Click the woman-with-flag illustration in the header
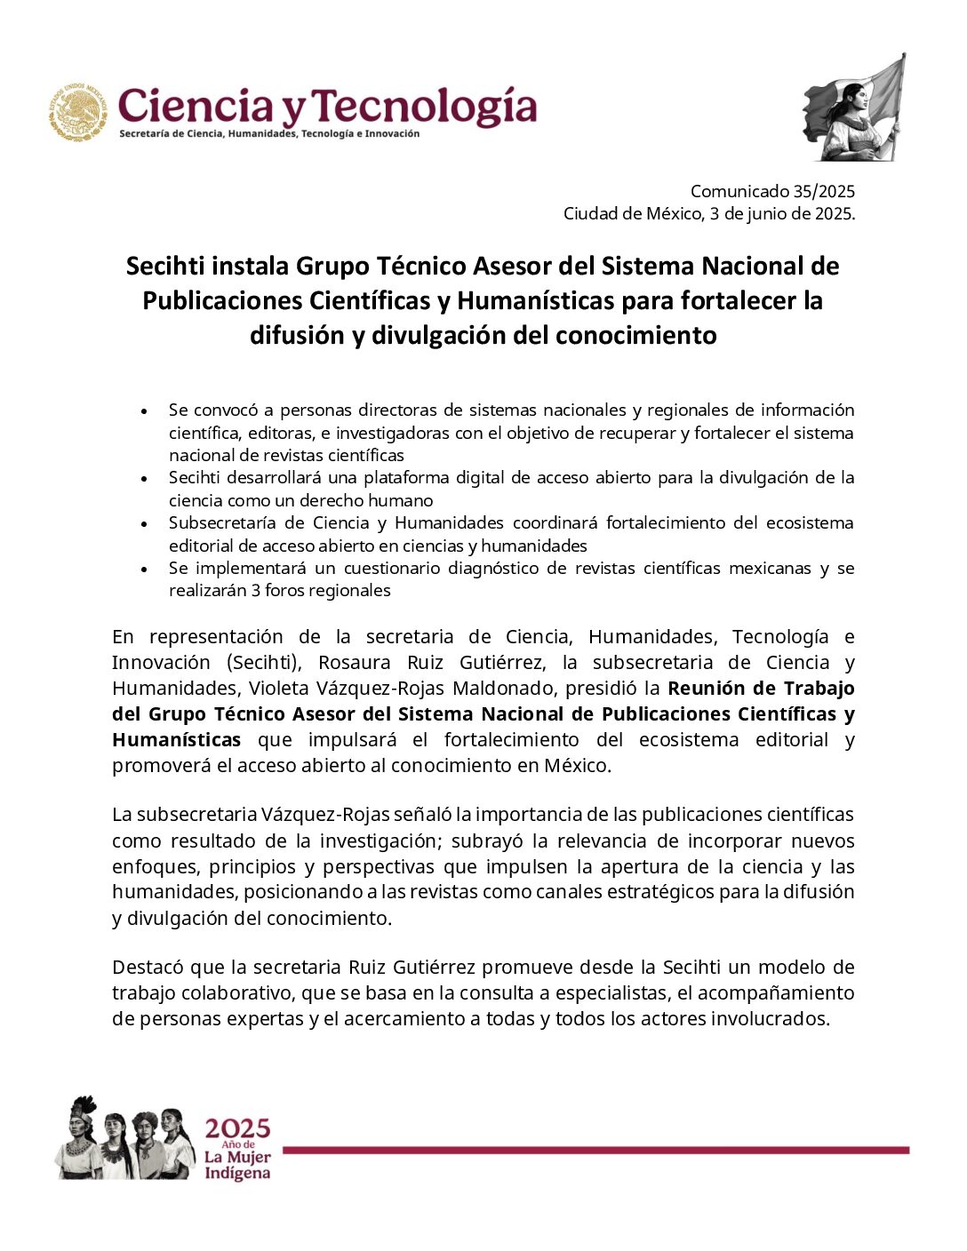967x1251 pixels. [853, 109]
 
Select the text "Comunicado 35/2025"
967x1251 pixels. [771, 191]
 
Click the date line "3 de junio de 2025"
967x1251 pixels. [781, 214]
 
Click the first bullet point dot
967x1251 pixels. [144, 411]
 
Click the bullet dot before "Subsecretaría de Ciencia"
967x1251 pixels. [144, 524]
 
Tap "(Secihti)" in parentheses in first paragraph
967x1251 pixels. [262, 663]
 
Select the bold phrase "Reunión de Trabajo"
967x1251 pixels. [761, 689]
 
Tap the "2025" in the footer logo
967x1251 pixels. [237, 1129]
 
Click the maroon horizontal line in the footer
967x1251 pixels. [595, 1151]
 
